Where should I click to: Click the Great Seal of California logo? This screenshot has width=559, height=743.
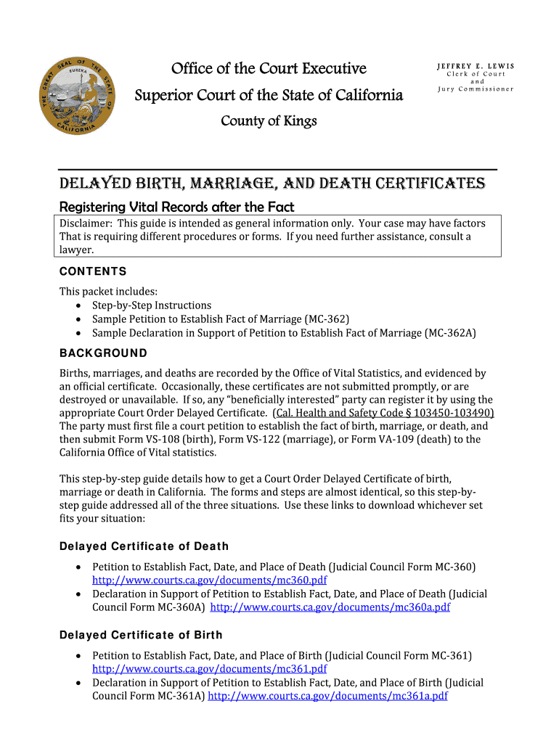[x=76, y=96]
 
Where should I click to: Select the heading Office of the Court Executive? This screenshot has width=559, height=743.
[x=269, y=69]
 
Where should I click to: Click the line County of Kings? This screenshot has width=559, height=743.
[x=269, y=121]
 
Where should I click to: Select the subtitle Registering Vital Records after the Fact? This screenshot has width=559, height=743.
[x=176, y=208]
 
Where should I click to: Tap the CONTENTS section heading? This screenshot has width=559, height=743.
[x=93, y=271]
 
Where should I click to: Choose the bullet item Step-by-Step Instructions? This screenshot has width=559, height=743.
[x=152, y=305]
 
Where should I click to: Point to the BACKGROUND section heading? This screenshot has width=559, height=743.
[x=103, y=353]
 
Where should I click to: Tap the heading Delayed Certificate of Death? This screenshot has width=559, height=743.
[x=144, y=546]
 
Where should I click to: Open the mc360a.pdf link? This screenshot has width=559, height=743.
[x=330, y=607]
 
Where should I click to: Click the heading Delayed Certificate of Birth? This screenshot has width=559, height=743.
[x=141, y=635]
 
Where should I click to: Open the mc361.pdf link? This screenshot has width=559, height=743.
[x=209, y=669]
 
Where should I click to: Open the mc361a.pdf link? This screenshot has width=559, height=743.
[x=327, y=695]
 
